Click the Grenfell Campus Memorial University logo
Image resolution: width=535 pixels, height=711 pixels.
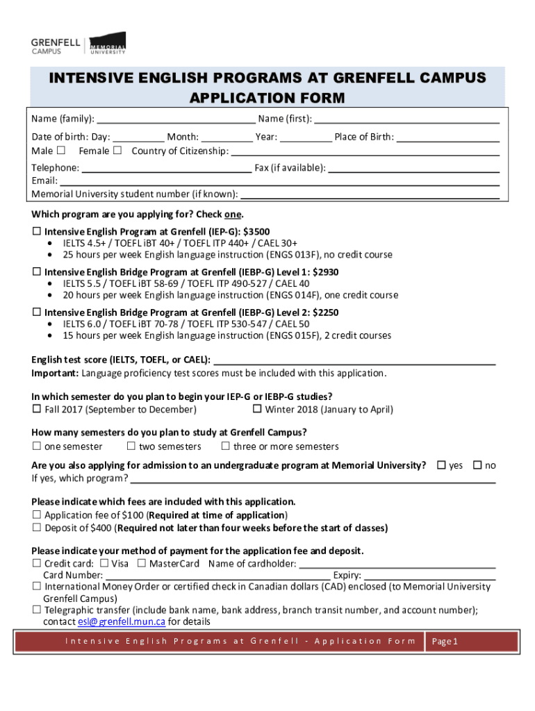(x=79, y=44)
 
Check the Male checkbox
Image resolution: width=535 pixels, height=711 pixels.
(x=61, y=151)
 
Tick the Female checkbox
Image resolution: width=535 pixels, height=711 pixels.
(x=117, y=151)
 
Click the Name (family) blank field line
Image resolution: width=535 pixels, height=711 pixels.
(x=176, y=119)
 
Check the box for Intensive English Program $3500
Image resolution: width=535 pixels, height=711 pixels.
(x=37, y=231)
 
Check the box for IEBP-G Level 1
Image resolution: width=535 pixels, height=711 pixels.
(x=37, y=272)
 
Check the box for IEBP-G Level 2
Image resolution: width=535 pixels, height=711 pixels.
(x=37, y=312)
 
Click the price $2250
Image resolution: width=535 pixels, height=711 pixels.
(x=325, y=312)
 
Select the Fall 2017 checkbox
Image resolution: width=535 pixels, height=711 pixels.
(x=37, y=409)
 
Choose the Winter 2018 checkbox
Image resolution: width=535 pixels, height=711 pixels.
(x=256, y=409)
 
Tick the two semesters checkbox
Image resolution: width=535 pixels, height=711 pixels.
(x=131, y=446)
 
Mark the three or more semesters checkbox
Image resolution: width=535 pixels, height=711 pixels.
(x=225, y=446)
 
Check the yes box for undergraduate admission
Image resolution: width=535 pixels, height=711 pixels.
(x=441, y=465)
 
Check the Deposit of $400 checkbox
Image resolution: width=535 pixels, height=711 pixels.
(x=37, y=528)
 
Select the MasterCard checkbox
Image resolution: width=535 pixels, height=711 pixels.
(x=142, y=563)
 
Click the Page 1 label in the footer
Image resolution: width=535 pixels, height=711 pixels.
(x=445, y=642)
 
